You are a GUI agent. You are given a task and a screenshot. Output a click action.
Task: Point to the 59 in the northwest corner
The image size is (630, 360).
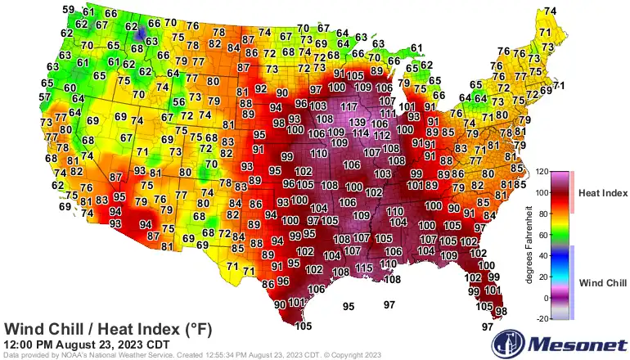click(69, 10)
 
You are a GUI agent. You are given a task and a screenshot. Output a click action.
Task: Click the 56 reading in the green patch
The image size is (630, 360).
click(179, 101)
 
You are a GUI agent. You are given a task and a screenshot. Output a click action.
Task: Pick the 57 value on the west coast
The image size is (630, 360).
click(44, 97)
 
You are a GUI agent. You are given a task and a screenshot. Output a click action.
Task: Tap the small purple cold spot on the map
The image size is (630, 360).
click(141, 32)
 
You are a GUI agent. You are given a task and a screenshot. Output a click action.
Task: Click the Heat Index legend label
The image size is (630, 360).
click(602, 193)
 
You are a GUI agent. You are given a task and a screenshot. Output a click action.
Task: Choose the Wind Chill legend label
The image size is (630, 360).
click(602, 283)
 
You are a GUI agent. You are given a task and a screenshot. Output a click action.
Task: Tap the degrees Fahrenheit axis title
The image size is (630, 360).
click(529, 245)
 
